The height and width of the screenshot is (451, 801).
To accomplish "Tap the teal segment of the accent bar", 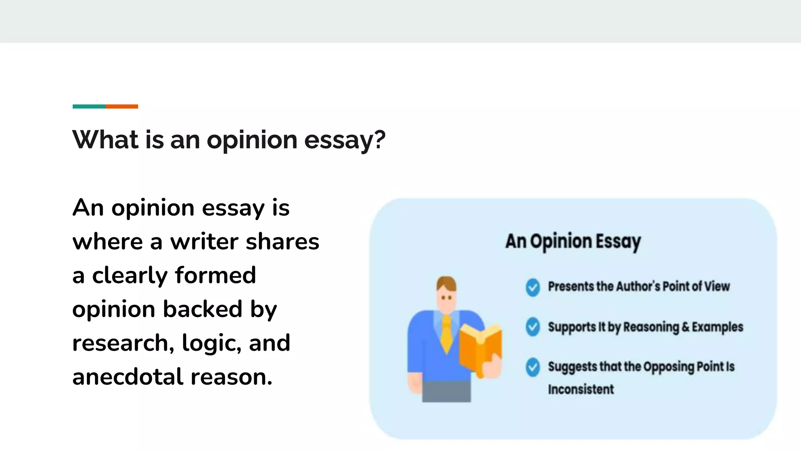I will click(89, 106).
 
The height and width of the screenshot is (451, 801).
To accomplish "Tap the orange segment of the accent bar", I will click(122, 106).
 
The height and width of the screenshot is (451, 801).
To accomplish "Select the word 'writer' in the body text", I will click(205, 242).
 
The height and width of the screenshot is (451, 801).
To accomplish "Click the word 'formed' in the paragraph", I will click(216, 275).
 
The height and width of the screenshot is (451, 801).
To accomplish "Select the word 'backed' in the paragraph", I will click(203, 309).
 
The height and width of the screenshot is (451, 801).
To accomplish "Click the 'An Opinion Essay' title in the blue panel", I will click(573, 241).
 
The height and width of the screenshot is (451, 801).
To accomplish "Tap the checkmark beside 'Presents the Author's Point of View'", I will click(533, 287).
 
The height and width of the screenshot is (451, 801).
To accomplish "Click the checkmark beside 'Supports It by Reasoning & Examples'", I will click(533, 327).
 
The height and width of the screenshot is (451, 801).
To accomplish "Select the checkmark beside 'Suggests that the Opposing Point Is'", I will click(533, 367).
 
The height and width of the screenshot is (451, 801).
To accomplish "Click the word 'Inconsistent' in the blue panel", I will click(581, 390).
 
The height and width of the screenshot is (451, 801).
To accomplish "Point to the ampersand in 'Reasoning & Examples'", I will click(685, 327).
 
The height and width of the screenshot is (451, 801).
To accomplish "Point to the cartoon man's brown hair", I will click(446, 283).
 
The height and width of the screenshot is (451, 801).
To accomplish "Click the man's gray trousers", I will click(447, 391).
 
